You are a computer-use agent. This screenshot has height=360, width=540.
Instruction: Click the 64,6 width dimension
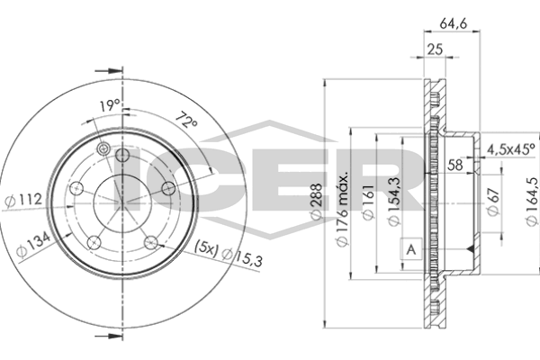click(453, 23)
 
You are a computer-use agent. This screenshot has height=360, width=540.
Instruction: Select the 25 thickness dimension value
click(435, 49)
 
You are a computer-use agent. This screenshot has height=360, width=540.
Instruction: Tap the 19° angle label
click(109, 105)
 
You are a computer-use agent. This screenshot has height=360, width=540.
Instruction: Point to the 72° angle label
click(186, 120)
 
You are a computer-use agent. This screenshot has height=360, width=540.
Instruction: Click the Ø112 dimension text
click(23, 200)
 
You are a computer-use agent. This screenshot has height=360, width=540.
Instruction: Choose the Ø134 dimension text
click(34, 245)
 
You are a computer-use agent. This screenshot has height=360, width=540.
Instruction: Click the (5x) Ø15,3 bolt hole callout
click(229, 254)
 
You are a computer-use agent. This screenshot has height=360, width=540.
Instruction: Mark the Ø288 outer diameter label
click(316, 202)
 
